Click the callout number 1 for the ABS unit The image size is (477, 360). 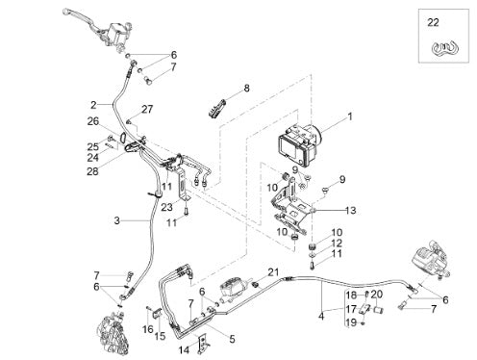coord(350,116)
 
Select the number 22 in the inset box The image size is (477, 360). coord(433,23)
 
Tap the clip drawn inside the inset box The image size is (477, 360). coord(444,48)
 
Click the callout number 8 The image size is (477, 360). coord(246,88)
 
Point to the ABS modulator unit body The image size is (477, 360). coord(298,144)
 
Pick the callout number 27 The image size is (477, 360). coord(147,109)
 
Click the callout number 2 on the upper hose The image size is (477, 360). coord(93,105)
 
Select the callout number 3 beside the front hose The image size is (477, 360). coord(117,220)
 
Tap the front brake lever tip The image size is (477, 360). coord(65,12)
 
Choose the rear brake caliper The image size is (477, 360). coord(430,258)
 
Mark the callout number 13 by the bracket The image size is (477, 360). coord(351,211)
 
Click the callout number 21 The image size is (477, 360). coord(273,272)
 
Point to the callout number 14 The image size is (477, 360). coord(184,349)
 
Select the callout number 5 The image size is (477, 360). coord(232,339)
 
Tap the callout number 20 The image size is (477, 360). coord(377,295)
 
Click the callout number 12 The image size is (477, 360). coord(337,243)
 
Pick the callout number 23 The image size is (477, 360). coord(167,207)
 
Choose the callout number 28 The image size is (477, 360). coord(92,171)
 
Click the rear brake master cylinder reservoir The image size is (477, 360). coord(233,286)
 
